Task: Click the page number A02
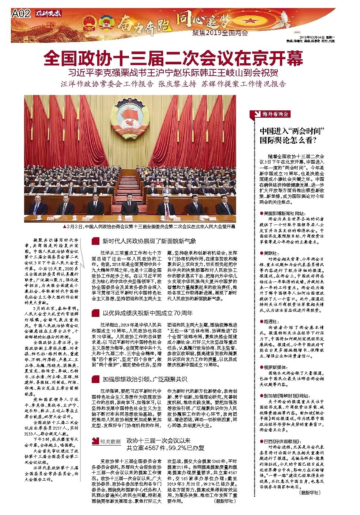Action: point(20,14)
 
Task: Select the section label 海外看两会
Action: point(275,114)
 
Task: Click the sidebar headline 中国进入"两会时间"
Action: point(292,131)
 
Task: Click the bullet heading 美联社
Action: point(270,253)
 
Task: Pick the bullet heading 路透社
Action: point(270,322)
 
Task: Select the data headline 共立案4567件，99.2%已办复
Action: point(165,448)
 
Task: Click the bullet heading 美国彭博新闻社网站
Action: point(283,213)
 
